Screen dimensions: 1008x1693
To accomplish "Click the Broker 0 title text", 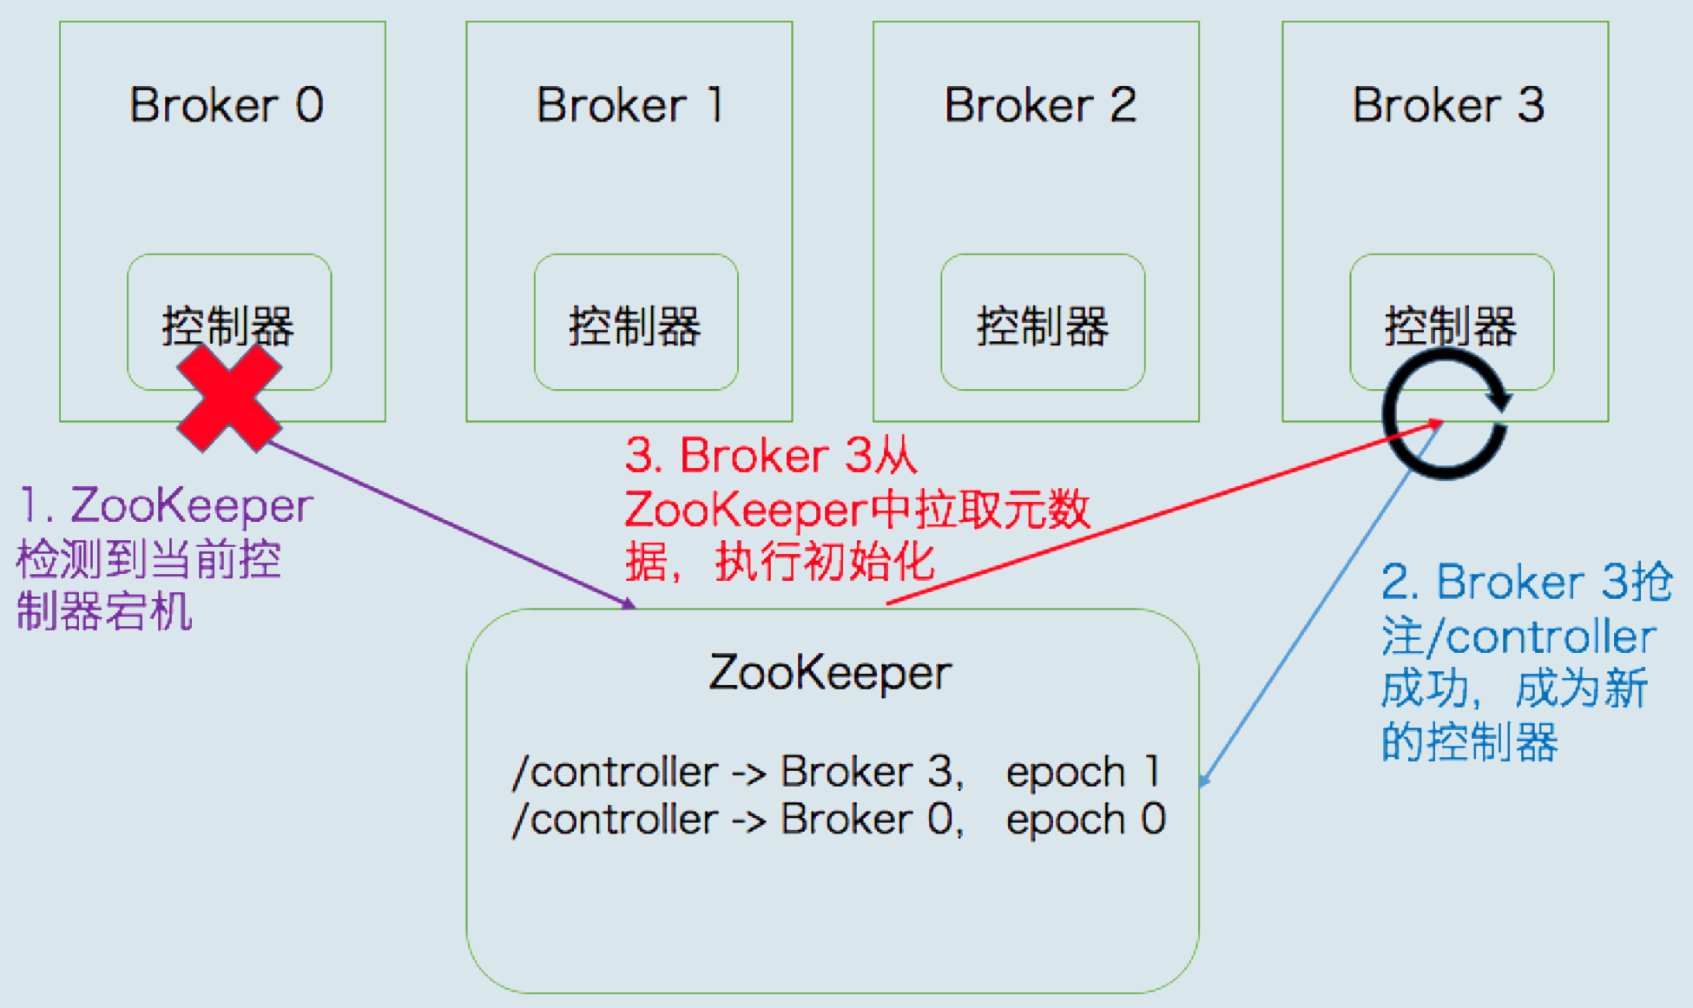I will (x=227, y=106).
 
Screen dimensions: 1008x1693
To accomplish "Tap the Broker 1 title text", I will (x=629, y=106).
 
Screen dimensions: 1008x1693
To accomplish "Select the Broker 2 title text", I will (x=1039, y=106).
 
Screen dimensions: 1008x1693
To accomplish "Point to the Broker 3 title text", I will (x=1447, y=106).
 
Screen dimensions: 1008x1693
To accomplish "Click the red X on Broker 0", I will (x=229, y=399).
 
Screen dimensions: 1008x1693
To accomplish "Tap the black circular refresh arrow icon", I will (x=1446, y=414).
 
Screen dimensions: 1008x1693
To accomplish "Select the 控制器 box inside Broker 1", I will (x=636, y=323).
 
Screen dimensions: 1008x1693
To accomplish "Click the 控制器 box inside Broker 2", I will (x=1042, y=323).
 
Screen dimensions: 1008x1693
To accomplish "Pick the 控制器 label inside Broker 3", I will (x=1450, y=326).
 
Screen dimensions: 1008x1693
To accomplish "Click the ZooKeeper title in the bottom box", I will (x=830, y=673).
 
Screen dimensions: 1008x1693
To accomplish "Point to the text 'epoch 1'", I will (x=1083, y=772).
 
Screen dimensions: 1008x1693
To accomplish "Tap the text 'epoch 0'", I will (x=1085, y=820).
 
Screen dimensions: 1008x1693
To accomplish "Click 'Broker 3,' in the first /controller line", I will (x=872, y=772).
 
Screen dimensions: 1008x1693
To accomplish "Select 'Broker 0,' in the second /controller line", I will (x=872, y=820).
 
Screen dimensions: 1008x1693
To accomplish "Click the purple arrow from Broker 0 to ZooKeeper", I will (x=451, y=524).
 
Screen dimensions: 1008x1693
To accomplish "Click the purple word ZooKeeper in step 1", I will (x=192, y=506).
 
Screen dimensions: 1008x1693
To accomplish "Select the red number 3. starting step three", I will (x=643, y=456).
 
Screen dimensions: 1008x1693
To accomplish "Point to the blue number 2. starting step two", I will (x=1399, y=582).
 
